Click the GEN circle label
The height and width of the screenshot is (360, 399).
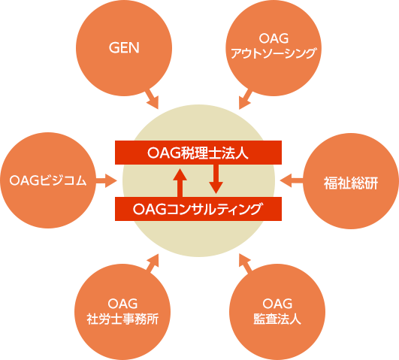point(124,47)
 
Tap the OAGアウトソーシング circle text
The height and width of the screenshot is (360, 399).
point(274,46)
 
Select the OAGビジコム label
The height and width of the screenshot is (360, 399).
point(48,180)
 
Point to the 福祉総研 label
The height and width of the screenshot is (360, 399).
point(351,183)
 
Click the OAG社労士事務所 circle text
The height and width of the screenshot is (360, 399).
point(122,311)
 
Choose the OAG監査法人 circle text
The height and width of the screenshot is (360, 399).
point(277,311)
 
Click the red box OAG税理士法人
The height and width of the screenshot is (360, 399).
point(198,153)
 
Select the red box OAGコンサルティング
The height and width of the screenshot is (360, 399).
point(198,209)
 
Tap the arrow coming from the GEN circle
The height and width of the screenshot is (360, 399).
point(153,98)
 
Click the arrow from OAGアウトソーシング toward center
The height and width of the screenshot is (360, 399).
point(245,98)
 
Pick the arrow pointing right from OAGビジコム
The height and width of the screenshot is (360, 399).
point(107,180)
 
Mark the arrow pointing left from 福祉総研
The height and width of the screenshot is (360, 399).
point(292,180)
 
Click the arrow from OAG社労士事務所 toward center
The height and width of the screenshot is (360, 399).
point(153,263)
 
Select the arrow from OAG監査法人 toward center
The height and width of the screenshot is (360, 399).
point(245,263)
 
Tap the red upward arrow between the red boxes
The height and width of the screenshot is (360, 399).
point(180,183)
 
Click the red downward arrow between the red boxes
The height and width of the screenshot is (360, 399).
point(216,179)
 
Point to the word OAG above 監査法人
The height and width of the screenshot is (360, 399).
point(277,304)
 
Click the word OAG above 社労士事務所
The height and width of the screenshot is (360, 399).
point(122,304)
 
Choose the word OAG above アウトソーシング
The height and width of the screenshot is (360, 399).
point(274,38)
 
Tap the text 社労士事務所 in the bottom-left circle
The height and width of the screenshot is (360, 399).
point(122,319)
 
